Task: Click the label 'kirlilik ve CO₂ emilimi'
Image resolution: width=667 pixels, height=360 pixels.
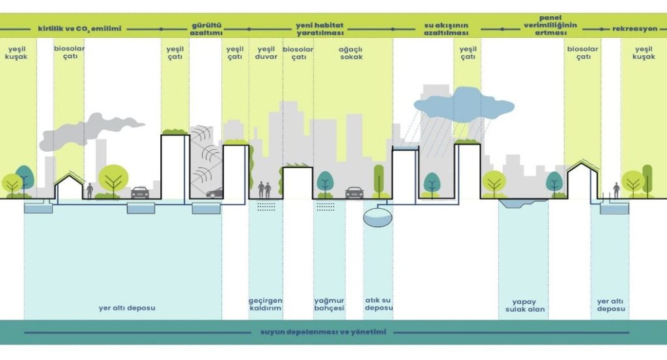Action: point(79,29)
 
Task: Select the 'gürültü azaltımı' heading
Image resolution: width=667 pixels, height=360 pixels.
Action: point(206,29)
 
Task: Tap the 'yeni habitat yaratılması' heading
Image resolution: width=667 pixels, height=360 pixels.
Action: point(319,29)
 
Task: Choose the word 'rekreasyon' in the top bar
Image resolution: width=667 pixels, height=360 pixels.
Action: point(634,29)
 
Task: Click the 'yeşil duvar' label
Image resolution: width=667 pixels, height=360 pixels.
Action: point(266,53)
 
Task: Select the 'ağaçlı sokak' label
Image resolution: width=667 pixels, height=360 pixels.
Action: point(350,53)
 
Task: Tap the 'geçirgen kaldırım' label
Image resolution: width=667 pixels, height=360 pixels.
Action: point(264,305)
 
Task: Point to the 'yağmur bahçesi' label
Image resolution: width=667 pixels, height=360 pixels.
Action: point(329,305)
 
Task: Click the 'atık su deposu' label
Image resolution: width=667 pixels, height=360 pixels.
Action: point(378,305)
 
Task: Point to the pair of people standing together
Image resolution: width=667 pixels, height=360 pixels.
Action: point(264,190)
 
